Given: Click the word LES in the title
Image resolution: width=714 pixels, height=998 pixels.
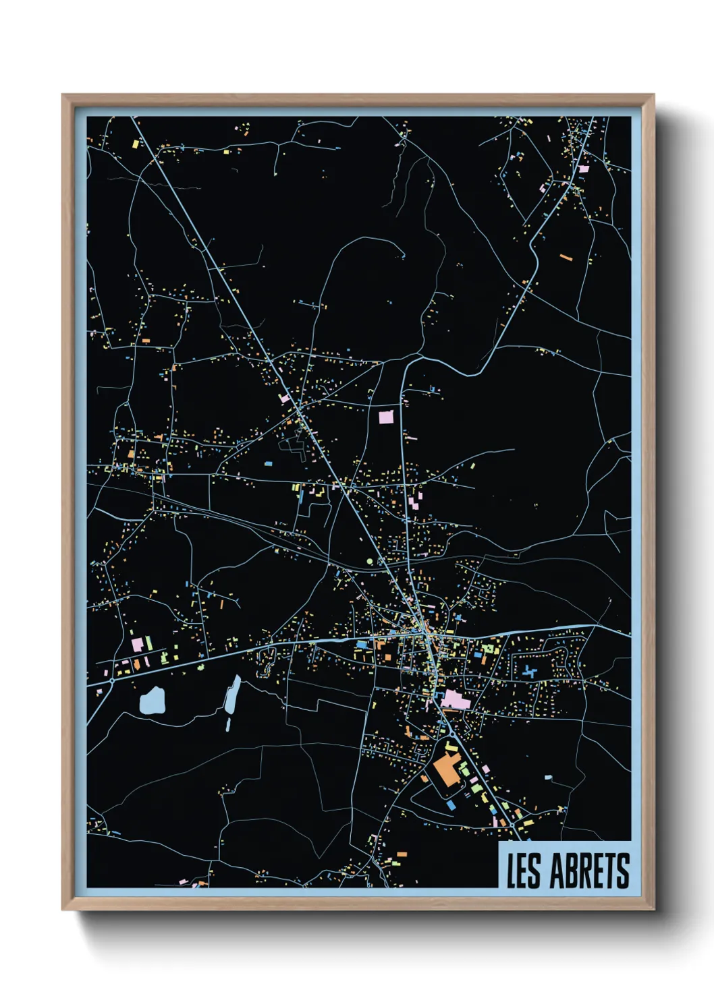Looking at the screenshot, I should [x=524, y=871].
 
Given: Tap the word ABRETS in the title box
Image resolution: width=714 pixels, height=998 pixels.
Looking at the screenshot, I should [x=590, y=871].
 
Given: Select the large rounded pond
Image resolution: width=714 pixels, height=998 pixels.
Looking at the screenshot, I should [x=152, y=701].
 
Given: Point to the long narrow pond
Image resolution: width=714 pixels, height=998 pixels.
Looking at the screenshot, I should [x=232, y=695].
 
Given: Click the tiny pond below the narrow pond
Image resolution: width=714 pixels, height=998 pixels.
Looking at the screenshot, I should [x=228, y=725].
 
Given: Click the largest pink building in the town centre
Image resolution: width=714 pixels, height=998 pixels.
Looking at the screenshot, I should [x=456, y=699].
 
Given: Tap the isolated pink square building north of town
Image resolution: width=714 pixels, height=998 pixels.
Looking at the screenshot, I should [x=386, y=416].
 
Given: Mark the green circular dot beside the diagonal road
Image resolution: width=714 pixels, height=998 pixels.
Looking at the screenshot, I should [x=369, y=561].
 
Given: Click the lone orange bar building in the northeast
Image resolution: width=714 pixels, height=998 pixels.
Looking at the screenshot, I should [x=566, y=257].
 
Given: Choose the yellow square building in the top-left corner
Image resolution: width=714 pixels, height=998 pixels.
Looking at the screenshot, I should [x=136, y=144].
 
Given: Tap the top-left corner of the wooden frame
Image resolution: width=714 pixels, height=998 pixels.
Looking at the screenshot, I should [x=63, y=96].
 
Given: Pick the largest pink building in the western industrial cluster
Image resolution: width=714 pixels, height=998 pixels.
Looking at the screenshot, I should [x=137, y=644].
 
